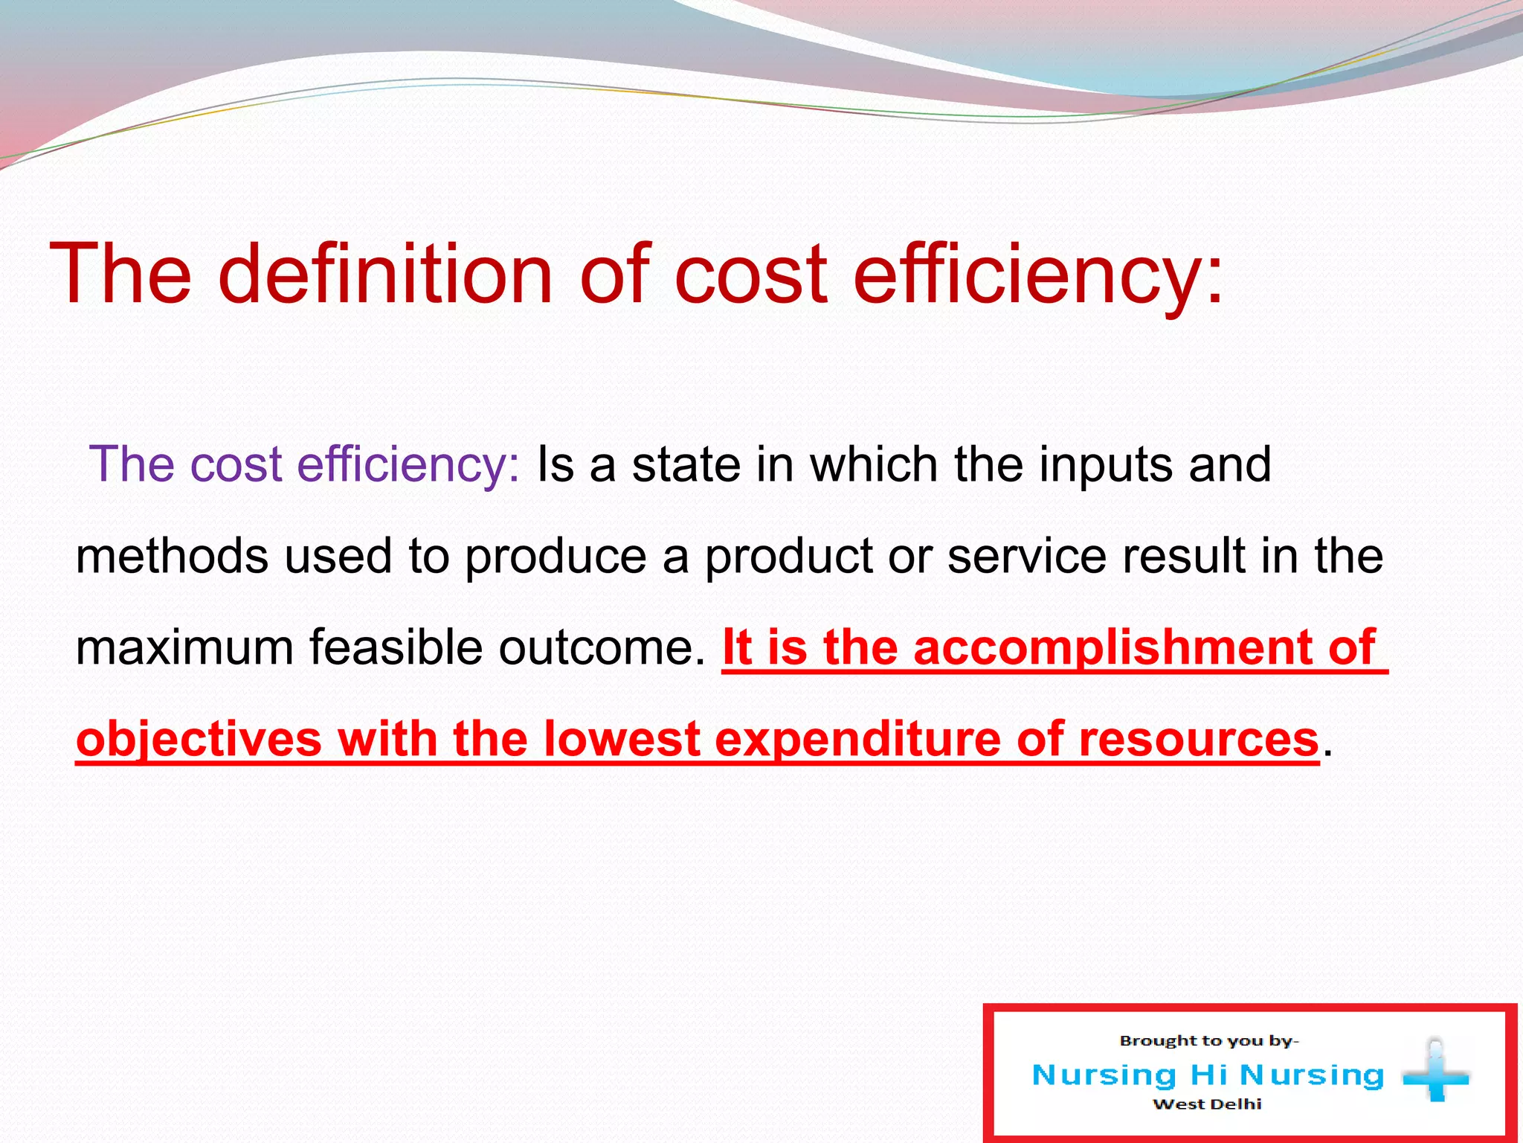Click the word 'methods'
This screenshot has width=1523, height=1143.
click(172, 556)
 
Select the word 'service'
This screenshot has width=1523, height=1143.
click(1026, 556)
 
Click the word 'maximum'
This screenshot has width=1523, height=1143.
click(184, 647)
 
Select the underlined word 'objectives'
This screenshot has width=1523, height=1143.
click(199, 740)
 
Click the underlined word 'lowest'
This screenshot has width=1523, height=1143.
click(622, 739)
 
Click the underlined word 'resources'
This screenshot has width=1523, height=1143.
click(1198, 739)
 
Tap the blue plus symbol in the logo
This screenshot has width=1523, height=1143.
click(1435, 1074)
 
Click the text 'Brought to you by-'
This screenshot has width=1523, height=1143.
click(1208, 1041)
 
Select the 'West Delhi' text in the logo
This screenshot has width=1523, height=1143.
click(1207, 1104)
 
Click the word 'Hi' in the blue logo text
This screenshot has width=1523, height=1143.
click(1209, 1075)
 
